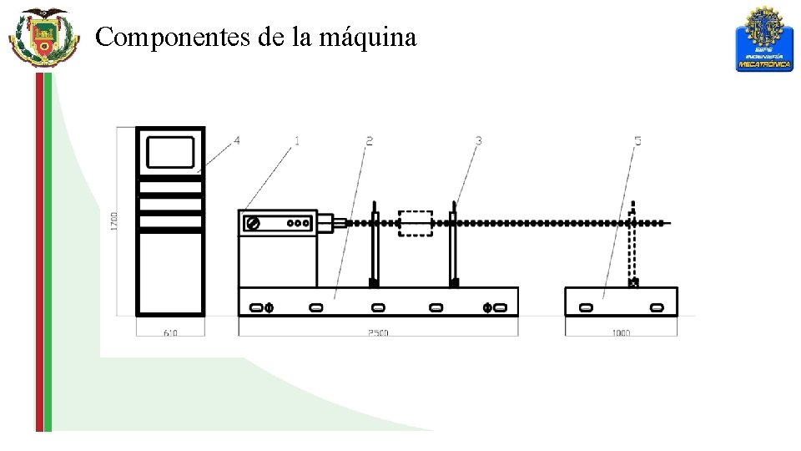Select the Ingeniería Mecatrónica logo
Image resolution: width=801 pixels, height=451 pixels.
(763, 40)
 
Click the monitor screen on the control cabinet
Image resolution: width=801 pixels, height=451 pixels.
(170, 153)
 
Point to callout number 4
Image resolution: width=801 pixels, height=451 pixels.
(237, 141)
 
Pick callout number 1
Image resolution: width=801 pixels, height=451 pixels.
(296, 141)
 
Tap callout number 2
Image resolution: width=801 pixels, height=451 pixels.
(369, 141)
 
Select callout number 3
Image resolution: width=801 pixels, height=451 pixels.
(478, 141)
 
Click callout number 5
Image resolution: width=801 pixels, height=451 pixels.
(637, 141)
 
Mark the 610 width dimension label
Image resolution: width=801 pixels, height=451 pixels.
(170, 332)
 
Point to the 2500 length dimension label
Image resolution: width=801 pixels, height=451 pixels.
(378, 332)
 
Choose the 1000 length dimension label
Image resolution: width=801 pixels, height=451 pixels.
(621, 332)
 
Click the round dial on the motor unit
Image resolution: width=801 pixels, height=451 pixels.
(253, 224)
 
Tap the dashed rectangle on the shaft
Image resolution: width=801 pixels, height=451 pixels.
(415, 223)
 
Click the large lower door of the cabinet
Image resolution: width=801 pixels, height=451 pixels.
(170, 272)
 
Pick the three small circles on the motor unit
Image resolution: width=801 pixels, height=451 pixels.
(298, 223)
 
